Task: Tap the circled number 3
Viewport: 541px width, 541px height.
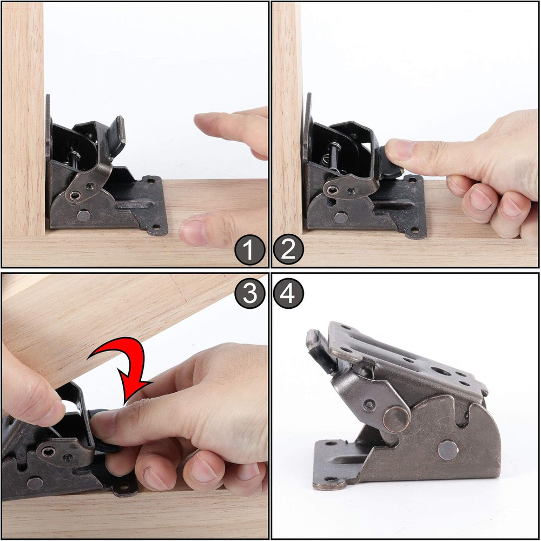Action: [249, 294]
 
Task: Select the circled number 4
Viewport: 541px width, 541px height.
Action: [289, 294]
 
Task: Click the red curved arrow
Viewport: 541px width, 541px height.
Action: [126, 368]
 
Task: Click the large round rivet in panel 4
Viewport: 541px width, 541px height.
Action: [395, 418]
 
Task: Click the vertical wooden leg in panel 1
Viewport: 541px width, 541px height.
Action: [23, 119]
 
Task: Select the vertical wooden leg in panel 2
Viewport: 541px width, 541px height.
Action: [287, 119]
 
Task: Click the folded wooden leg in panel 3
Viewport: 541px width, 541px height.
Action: [108, 319]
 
